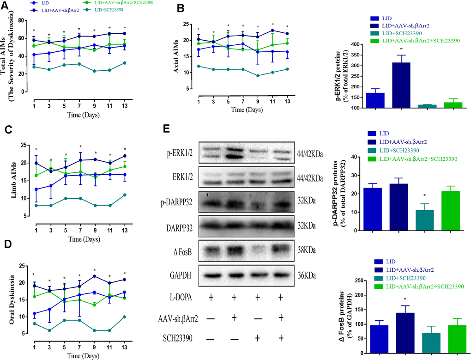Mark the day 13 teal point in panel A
pyautogui.click(x=125, y=63)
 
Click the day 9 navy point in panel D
pyautogui.click(x=94, y=276)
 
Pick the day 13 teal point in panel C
pyautogui.click(x=125, y=195)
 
